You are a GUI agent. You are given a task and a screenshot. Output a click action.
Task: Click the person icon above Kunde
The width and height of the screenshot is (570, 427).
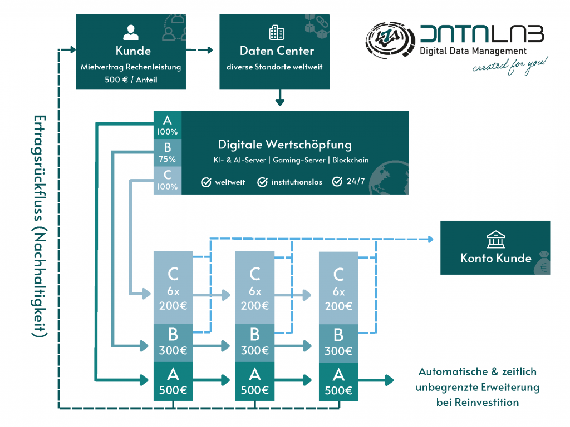click(131, 32)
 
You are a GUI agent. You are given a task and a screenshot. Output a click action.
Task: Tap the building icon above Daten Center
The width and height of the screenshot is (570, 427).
click(276, 32)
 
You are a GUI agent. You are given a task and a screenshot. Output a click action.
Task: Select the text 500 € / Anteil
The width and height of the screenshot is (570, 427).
click(131, 79)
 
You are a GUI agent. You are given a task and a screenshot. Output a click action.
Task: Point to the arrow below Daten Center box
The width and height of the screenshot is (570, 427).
click(279, 100)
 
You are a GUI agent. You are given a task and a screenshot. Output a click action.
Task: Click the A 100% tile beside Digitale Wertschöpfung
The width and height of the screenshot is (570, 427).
click(167, 125)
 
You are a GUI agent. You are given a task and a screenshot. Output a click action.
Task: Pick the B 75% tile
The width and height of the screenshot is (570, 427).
click(167, 152)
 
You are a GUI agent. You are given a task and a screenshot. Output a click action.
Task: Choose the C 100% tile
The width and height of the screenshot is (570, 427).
click(167, 180)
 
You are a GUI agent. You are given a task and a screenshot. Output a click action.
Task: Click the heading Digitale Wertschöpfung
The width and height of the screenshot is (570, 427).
click(284, 145)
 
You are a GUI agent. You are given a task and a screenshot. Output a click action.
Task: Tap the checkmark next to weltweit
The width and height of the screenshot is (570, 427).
click(206, 182)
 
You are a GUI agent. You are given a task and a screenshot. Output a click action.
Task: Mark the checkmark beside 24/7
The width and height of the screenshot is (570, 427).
click(337, 182)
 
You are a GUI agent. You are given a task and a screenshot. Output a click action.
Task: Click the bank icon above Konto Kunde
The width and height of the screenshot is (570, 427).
click(494, 240)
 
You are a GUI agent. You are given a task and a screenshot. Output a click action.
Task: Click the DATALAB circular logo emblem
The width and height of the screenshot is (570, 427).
click(389, 42)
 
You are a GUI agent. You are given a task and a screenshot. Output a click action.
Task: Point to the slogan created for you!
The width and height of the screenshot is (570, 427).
click(510, 66)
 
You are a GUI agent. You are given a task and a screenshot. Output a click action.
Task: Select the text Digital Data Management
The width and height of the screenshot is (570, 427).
click(473, 51)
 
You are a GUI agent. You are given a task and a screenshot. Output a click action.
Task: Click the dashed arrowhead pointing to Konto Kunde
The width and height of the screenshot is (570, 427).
click(430, 240)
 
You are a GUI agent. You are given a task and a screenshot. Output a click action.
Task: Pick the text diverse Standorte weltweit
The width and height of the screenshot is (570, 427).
click(277, 67)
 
